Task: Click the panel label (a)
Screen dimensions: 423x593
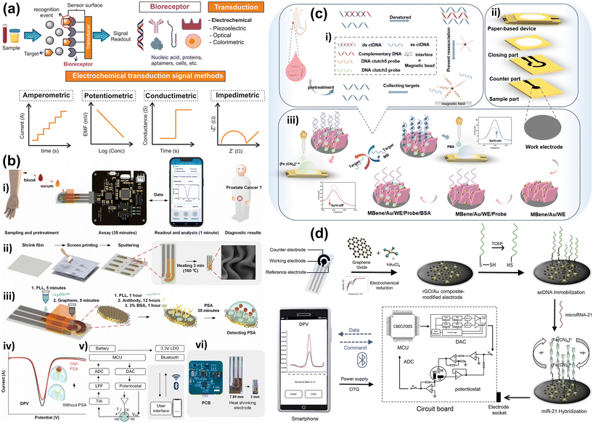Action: click(x=11, y=9)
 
